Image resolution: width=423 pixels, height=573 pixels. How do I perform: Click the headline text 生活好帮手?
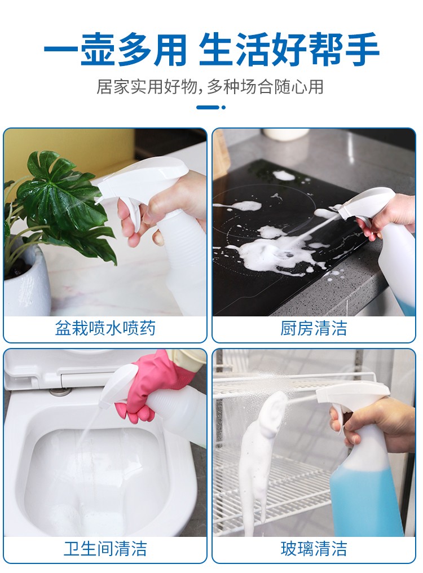pyautogui.click(x=289, y=50)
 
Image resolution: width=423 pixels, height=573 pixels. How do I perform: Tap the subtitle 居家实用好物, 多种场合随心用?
pyautogui.click(x=210, y=87)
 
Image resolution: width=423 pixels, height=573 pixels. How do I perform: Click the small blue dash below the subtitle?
pyautogui.click(x=209, y=107)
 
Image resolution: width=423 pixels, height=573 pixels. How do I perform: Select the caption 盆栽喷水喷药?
pyautogui.click(x=105, y=328)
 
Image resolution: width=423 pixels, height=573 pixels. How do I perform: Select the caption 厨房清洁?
pyautogui.click(x=314, y=328)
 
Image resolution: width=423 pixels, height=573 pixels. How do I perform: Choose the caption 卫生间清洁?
pyautogui.click(x=105, y=548)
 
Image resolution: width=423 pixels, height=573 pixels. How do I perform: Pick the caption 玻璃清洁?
pyautogui.click(x=314, y=548)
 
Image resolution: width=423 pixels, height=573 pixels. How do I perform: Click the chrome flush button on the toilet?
pyautogui.click(x=57, y=391)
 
